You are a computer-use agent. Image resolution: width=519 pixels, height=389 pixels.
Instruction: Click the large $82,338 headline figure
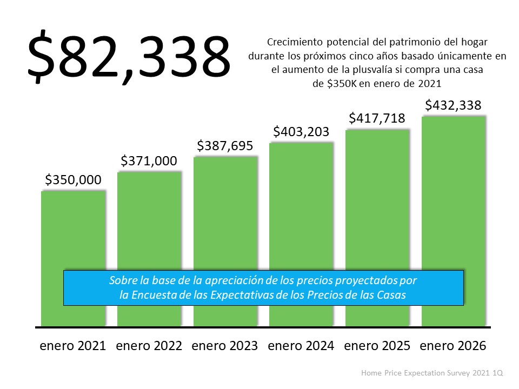(129, 58)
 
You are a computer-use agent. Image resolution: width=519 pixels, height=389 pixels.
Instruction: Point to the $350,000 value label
(73, 180)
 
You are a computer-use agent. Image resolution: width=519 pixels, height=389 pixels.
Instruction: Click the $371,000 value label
(149, 161)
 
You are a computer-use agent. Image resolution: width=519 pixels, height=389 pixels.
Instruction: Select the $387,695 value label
(225, 146)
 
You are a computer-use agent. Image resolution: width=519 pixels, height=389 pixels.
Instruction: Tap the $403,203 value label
(301, 132)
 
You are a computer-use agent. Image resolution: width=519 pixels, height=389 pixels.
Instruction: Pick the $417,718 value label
(377, 118)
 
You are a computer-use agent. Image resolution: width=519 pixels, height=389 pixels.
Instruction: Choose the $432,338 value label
(453, 105)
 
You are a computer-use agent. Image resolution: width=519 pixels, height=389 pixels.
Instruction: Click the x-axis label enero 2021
(73, 346)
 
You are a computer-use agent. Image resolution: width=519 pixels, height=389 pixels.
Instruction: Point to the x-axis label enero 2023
(225, 346)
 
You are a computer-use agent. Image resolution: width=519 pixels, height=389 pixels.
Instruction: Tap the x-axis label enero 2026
(453, 346)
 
